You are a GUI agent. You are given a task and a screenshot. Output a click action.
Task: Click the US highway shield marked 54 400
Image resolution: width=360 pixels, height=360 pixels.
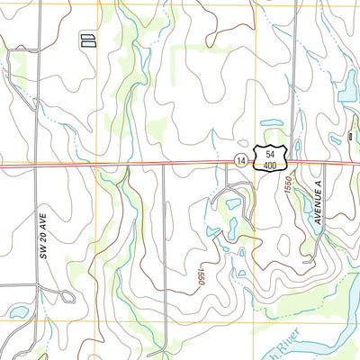point(271,157)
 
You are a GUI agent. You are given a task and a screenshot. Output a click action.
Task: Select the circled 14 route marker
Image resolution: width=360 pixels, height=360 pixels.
point(241,159)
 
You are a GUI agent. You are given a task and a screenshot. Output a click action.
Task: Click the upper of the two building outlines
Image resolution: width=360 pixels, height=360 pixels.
point(88,37)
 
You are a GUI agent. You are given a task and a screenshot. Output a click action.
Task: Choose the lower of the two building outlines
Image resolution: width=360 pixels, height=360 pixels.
point(88,42)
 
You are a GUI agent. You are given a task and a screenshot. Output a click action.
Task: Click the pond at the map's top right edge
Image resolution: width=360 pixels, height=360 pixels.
point(347,86)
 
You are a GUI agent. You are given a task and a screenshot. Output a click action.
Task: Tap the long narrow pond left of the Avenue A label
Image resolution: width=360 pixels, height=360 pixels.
point(305,206)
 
